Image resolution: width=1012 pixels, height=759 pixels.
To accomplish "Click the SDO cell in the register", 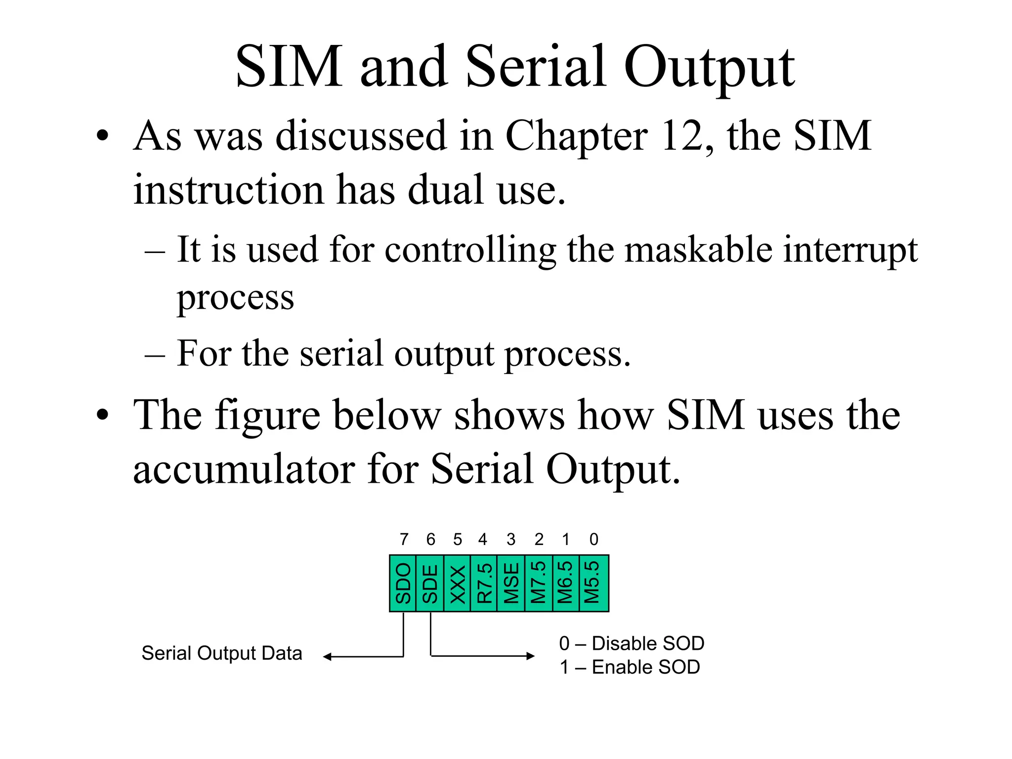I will (x=403, y=583).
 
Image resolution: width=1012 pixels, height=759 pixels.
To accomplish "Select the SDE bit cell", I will (x=430, y=583).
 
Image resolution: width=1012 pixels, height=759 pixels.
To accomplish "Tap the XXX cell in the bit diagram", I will (x=458, y=583).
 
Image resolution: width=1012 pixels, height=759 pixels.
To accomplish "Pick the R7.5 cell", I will (x=484, y=583).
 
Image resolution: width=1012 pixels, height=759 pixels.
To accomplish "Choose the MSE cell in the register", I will (x=511, y=583).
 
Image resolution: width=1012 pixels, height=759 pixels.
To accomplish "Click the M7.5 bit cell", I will (x=539, y=583).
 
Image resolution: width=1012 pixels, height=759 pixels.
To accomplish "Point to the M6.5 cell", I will (x=565, y=583).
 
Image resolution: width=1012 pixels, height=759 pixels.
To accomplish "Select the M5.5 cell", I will (x=593, y=583).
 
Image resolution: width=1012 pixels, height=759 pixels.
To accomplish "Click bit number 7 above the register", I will (x=404, y=539).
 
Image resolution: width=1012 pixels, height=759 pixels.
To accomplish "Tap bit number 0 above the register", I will (x=594, y=539).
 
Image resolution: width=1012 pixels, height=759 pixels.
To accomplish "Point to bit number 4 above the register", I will (x=483, y=539).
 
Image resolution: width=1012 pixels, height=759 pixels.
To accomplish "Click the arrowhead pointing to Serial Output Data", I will (x=327, y=657).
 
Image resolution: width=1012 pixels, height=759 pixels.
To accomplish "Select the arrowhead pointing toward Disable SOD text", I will (x=531, y=656).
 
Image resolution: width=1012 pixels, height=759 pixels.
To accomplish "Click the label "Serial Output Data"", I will (x=222, y=653).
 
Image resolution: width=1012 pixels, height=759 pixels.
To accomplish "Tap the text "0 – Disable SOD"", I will (x=632, y=643).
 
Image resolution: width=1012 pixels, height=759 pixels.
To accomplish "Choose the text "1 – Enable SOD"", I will (x=630, y=667).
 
